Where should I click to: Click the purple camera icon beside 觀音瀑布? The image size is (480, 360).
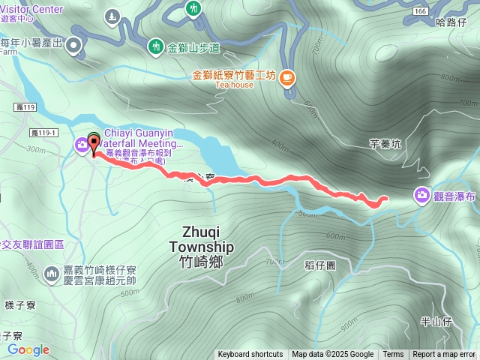422,196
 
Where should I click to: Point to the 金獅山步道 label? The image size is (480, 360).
193,47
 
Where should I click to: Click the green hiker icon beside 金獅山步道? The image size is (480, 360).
156,46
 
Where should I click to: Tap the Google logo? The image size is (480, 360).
28,349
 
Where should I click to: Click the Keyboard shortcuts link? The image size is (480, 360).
250,355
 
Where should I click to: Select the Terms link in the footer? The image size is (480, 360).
393,355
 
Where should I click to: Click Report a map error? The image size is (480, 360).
444,355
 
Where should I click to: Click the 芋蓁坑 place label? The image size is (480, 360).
385,145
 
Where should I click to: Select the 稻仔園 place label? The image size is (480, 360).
320,266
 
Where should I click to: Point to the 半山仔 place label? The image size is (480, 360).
435,321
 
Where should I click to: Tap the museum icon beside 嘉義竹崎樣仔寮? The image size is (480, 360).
52,274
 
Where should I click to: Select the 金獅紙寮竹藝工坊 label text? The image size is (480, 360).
235,75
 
